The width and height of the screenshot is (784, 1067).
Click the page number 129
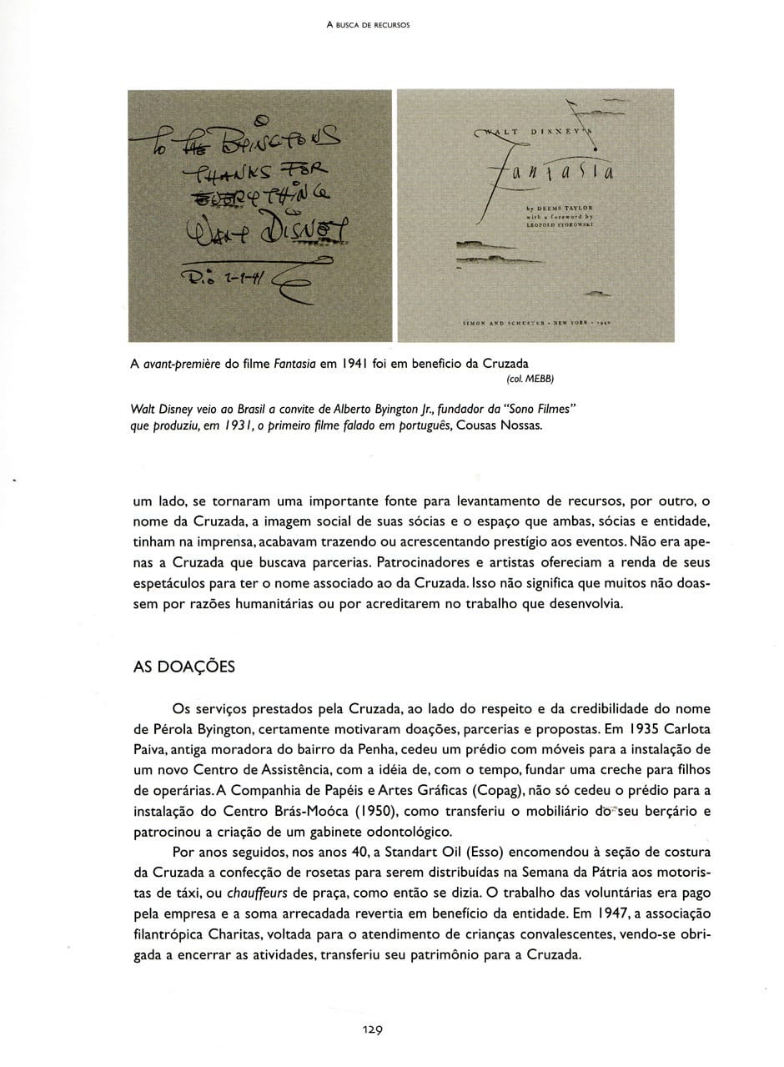[371, 1029]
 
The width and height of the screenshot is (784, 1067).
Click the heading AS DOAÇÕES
[183, 667]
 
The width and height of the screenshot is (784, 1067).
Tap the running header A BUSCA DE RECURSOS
[368, 25]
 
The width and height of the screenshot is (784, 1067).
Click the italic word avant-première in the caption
[180, 364]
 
